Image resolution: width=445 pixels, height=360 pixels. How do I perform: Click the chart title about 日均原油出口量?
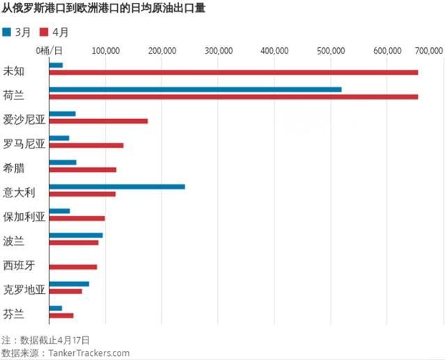[104, 9]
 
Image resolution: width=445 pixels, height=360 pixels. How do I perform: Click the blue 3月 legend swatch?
[7, 32]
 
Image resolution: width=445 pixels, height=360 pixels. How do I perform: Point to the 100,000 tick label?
[104, 51]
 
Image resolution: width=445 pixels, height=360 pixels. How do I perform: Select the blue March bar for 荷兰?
[195, 89]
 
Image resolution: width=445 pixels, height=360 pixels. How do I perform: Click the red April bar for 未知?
[233, 72]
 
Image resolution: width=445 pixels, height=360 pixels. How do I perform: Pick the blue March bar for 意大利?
[117, 187]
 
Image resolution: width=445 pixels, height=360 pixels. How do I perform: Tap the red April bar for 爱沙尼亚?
[98, 121]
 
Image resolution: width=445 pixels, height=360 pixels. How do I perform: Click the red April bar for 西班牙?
[73, 267]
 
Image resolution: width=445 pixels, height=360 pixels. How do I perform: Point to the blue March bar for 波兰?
[76, 235]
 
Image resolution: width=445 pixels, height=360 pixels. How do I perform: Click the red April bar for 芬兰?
[61, 315]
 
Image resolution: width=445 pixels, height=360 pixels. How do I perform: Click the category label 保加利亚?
[24, 217]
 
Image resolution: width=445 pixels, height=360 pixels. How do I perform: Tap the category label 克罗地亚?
[24, 289]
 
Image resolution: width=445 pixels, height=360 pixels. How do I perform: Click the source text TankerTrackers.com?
[88, 353]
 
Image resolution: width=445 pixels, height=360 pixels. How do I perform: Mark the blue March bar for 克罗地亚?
[69, 284]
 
